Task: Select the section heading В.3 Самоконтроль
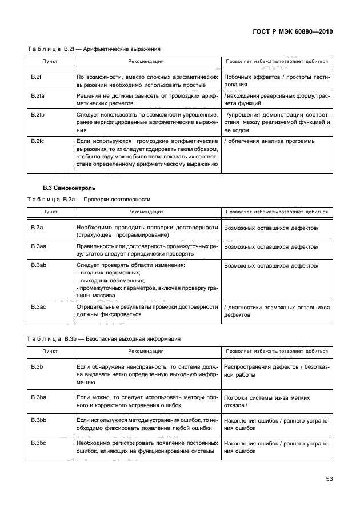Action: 70,188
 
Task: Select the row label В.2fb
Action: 38,114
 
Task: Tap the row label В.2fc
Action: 38,141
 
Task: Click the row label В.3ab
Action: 39,265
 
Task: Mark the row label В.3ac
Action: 39,307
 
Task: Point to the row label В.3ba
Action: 39,396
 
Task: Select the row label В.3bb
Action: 39,420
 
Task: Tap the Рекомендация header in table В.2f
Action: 146,61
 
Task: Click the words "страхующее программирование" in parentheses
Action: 122,235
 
